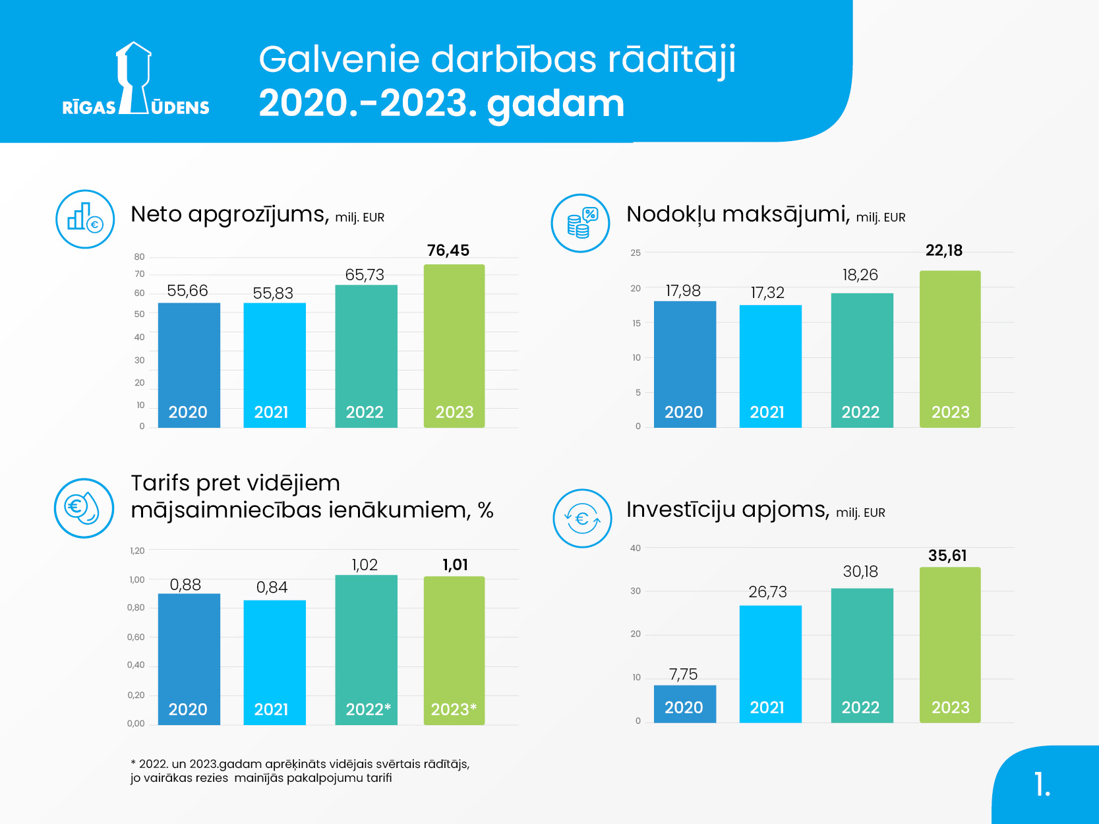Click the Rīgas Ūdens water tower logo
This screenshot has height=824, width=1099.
(x=135, y=79)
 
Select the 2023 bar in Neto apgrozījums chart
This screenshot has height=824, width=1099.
(x=454, y=346)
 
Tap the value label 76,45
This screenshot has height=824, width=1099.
(x=448, y=250)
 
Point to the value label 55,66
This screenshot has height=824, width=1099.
(x=187, y=291)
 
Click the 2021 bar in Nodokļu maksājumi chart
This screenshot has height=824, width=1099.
(x=770, y=366)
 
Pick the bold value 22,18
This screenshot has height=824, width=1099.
(x=944, y=250)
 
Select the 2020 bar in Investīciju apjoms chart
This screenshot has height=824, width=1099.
(x=684, y=704)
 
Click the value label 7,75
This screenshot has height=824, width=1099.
(x=683, y=674)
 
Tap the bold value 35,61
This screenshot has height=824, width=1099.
(x=947, y=556)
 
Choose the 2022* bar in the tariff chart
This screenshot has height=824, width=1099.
(x=366, y=649)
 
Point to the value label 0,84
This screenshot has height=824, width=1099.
(x=272, y=587)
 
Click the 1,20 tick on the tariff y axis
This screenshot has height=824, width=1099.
(x=137, y=550)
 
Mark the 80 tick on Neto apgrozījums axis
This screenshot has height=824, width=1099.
(x=139, y=257)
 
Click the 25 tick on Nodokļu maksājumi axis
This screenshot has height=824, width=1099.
(x=636, y=252)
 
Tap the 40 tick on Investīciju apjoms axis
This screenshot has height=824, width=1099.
(x=636, y=548)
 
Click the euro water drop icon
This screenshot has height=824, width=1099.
(x=84, y=508)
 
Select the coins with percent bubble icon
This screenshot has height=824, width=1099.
(x=581, y=223)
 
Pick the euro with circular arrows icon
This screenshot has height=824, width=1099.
(x=582, y=519)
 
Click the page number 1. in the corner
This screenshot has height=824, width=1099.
(x=1042, y=784)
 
